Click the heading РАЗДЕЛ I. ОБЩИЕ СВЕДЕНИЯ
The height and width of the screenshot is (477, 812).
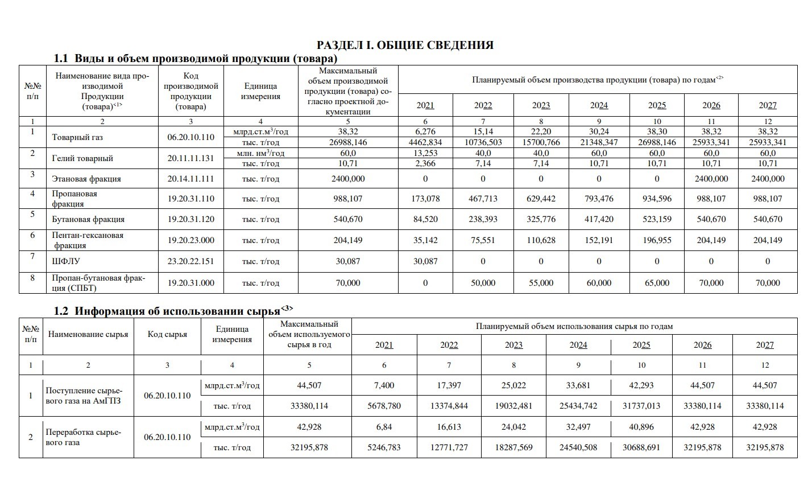click(x=405, y=45)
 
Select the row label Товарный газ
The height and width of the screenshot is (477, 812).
click(x=77, y=137)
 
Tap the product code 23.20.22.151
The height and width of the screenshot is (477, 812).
click(x=191, y=262)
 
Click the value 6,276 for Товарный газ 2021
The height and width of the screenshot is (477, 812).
click(x=425, y=132)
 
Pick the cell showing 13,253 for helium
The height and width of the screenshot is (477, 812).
click(x=425, y=153)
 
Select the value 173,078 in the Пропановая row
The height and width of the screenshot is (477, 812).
click(x=425, y=199)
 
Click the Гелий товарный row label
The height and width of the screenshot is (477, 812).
click(x=82, y=158)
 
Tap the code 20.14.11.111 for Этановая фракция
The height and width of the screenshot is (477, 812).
click(x=191, y=179)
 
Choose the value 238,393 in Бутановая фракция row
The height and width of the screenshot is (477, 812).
click(x=483, y=219)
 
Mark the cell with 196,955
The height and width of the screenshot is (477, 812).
click(x=657, y=240)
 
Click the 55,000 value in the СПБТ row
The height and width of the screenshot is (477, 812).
click(x=541, y=283)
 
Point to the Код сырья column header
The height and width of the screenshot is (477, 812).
click(x=167, y=335)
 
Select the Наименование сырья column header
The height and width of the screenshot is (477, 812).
click(x=88, y=335)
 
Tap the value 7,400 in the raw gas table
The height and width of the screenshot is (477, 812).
click(x=384, y=385)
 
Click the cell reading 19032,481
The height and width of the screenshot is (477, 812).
click(x=514, y=406)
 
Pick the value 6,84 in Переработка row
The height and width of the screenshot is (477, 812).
click(x=384, y=427)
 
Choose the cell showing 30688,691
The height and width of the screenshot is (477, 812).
click(x=642, y=447)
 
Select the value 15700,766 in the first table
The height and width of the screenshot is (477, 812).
click(x=541, y=142)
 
